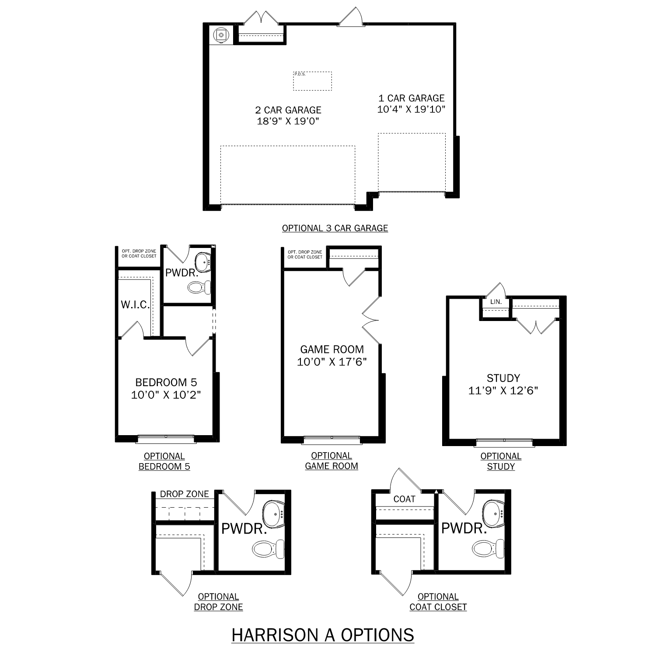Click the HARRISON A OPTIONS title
pos(323,635)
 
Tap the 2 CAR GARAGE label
pos(288,110)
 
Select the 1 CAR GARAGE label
pos(411,98)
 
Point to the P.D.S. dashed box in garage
pos(312,81)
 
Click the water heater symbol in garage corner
pos(222,35)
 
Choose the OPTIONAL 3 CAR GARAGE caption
pos(335,228)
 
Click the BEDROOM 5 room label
pos(166,383)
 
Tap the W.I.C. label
pos(135,305)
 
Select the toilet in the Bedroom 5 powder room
pos(199,287)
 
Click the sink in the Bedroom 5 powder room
pos(203,262)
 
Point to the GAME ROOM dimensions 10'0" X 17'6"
pos(331,362)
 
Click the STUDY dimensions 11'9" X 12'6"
pos(503,391)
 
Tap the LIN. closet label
pos(495,302)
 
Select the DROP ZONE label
pos(184,494)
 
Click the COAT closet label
pos(404,499)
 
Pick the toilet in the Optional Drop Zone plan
pos(268,548)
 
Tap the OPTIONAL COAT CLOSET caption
pos(438,602)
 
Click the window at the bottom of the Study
pos(504,441)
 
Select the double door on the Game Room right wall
pos(371,321)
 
